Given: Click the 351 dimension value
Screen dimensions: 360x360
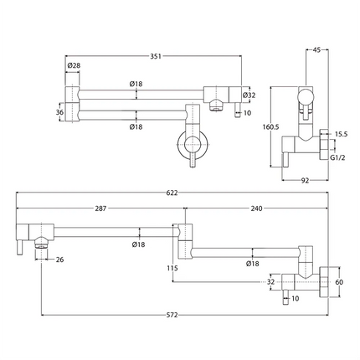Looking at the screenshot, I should (157, 58).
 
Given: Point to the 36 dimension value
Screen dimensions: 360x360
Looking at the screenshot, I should (59, 111).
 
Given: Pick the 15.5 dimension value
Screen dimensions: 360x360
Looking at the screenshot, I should (340, 134).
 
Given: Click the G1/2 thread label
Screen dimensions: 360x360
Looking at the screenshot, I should (338, 156).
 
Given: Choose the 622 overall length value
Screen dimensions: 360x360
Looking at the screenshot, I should (172, 193).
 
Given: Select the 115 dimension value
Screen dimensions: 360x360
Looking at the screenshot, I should (172, 268).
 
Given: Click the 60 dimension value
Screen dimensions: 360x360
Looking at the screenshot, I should (340, 283).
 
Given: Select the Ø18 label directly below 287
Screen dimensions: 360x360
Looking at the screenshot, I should (139, 244).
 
